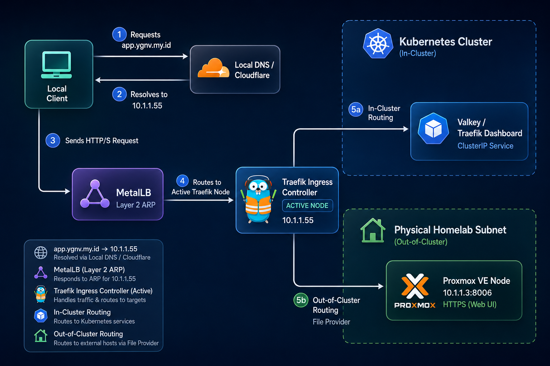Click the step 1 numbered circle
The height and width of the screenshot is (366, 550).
click(x=119, y=34)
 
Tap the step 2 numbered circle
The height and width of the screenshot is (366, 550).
click(x=119, y=94)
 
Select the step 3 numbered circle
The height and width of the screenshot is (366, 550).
click(x=53, y=140)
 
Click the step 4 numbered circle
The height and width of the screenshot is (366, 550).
click(x=182, y=181)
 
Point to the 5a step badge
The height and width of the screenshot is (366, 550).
click(x=356, y=109)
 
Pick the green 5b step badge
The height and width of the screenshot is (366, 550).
click(x=301, y=300)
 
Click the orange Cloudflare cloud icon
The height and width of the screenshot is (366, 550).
click(x=213, y=68)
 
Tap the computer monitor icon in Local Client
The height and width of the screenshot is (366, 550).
click(x=57, y=65)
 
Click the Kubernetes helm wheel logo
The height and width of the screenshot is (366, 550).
click(x=378, y=44)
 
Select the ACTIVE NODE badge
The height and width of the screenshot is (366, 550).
click(x=308, y=206)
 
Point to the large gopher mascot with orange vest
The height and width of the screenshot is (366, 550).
click(x=258, y=199)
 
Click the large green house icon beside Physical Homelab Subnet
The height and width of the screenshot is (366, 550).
click(x=373, y=231)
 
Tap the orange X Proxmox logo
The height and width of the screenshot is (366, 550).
click(x=415, y=286)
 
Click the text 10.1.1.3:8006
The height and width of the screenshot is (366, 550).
click(x=467, y=293)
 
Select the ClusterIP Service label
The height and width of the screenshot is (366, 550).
click(x=486, y=146)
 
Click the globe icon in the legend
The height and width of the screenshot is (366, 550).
click(x=41, y=253)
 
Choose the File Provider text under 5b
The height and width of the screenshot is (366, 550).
click(x=331, y=322)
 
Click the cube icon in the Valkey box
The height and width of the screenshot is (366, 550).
click(x=433, y=128)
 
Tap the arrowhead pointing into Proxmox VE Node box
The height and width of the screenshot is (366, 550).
click(x=381, y=286)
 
